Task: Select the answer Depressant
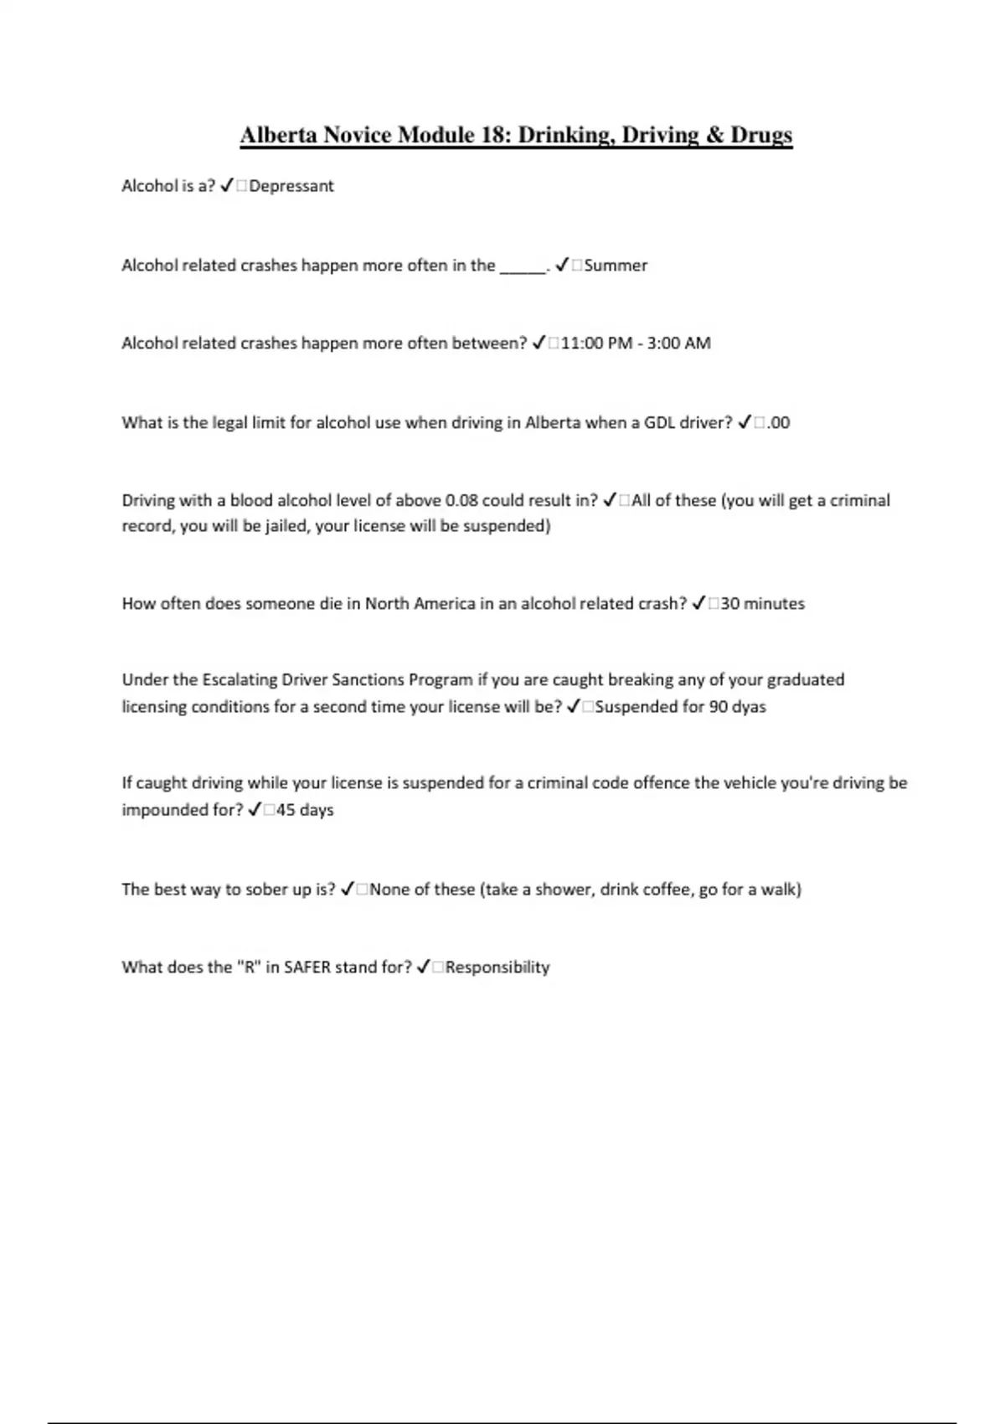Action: coord(291,186)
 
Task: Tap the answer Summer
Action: coord(616,266)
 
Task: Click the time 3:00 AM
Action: coord(678,343)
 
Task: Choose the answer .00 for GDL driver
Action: coord(778,423)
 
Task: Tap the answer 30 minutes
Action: coord(762,604)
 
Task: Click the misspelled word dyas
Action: coord(749,707)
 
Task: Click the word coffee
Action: coord(667,890)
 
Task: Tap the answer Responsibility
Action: coord(497,967)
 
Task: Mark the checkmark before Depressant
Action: coord(226,186)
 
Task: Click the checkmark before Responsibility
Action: coord(424,967)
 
